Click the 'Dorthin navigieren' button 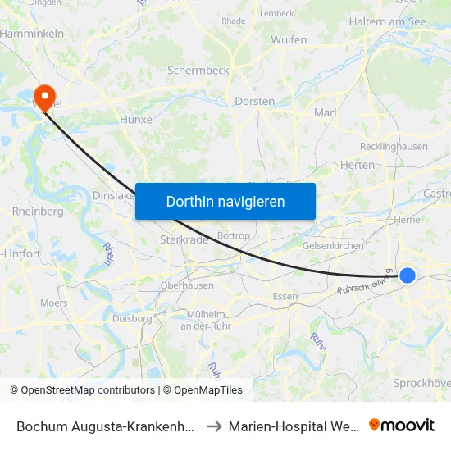(x=225, y=201)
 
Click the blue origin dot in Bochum (x=408, y=276)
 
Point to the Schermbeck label (x=198, y=71)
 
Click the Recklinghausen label (x=394, y=147)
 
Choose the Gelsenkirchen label (x=333, y=246)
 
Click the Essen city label (x=285, y=297)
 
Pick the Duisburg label (x=132, y=318)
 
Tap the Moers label (x=54, y=303)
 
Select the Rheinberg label (x=38, y=212)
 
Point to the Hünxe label (x=136, y=119)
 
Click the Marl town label (x=326, y=112)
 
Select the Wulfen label (x=289, y=39)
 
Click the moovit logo (x=402, y=426)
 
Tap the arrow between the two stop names (x=212, y=426)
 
